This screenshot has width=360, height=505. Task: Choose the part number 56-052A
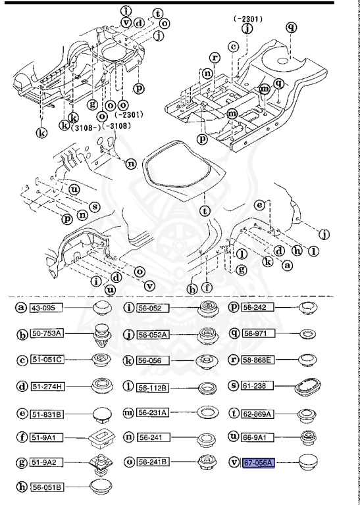click(x=155, y=334)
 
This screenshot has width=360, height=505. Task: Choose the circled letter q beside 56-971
click(x=235, y=334)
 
